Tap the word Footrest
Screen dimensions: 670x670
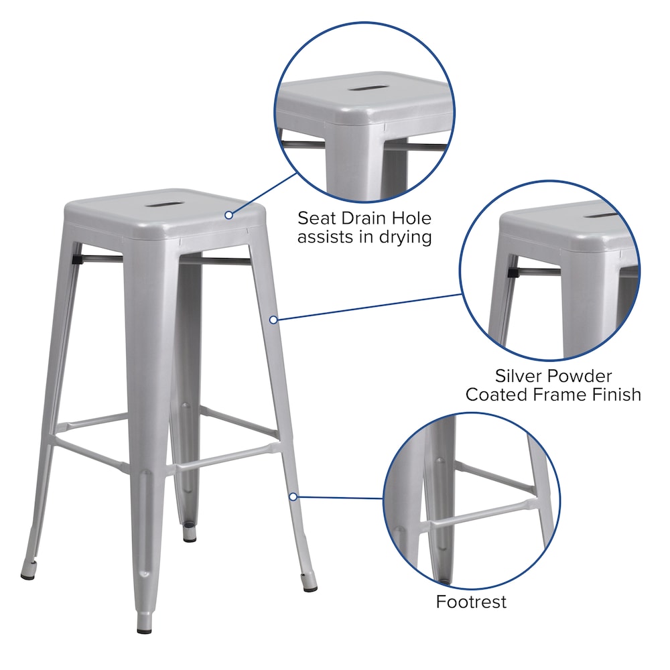471,602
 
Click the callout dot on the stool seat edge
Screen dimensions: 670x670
229,215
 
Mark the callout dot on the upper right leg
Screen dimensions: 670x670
273,320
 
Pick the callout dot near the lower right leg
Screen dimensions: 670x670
293,496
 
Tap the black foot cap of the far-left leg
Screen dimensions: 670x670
27,574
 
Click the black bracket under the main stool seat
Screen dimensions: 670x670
76,256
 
